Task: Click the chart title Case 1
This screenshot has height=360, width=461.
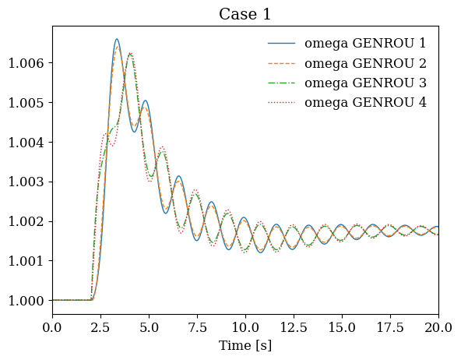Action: tap(245, 14)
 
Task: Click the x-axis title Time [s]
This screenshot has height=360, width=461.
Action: tap(245, 345)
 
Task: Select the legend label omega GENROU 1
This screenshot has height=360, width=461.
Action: tap(365, 44)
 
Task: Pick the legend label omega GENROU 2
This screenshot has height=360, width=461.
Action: tap(365, 63)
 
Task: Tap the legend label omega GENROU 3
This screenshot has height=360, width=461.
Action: tap(365, 83)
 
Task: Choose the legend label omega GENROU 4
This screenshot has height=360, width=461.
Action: tap(365, 103)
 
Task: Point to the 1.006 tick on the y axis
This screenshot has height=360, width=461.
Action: tap(26, 63)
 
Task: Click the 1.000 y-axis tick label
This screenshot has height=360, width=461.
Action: tap(26, 301)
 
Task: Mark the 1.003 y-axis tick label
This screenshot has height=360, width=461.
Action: tap(26, 182)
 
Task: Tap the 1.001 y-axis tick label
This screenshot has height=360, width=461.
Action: tap(26, 261)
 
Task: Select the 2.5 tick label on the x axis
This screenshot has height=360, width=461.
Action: tap(101, 327)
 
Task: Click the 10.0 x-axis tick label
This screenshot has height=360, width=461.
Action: tap(245, 327)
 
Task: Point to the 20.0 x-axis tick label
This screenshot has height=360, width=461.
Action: tap(438, 327)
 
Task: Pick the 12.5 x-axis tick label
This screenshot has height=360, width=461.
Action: tap(294, 327)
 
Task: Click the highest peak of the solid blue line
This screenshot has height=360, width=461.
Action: tap(117, 39)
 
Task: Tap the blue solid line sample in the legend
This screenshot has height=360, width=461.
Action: tap(281, 44)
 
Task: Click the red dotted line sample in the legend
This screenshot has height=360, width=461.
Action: tap(281, 103)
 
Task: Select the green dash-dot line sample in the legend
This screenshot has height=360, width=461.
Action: tap(281, 83)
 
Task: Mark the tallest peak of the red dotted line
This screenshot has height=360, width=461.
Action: tap(131, 53)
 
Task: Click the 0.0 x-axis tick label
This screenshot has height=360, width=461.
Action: tap(53, 327)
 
